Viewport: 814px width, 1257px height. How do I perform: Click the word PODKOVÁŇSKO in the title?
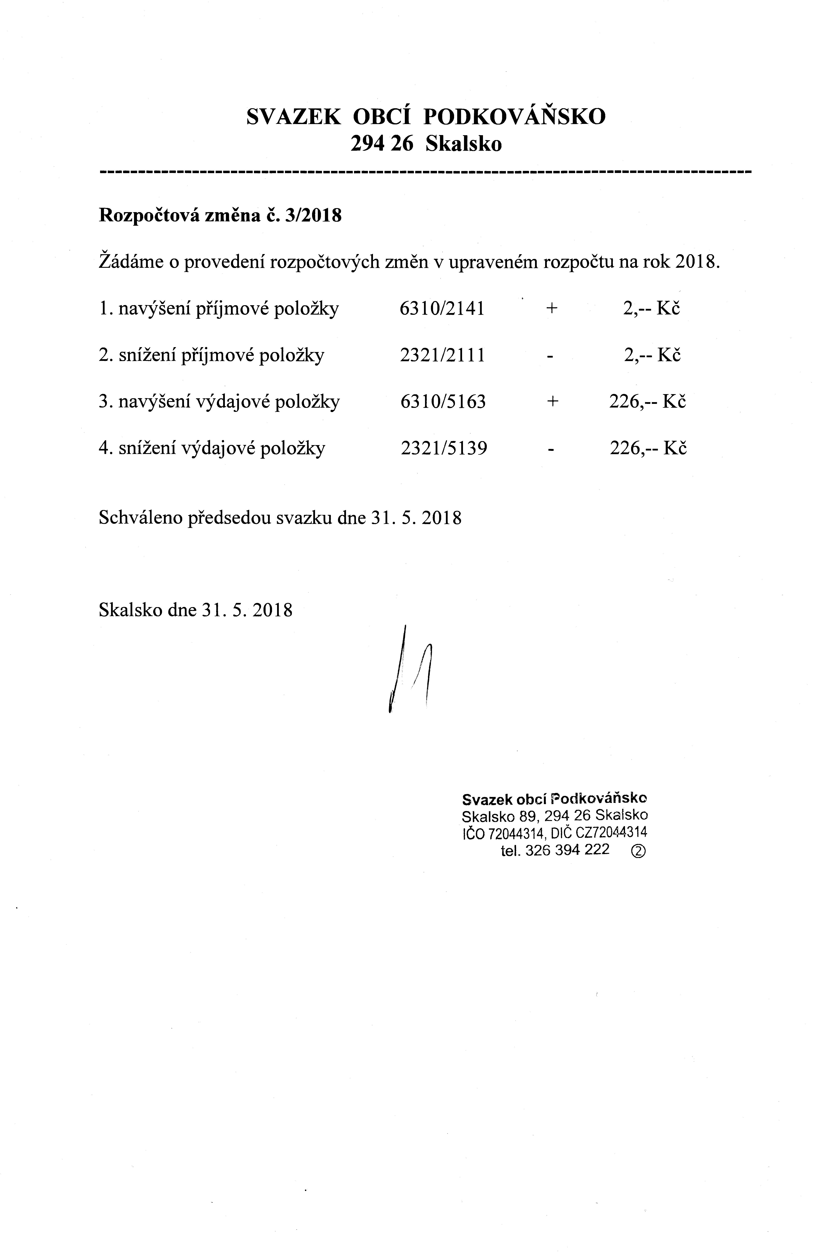coord(514,117)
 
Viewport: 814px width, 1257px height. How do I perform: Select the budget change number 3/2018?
coord(313,216)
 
